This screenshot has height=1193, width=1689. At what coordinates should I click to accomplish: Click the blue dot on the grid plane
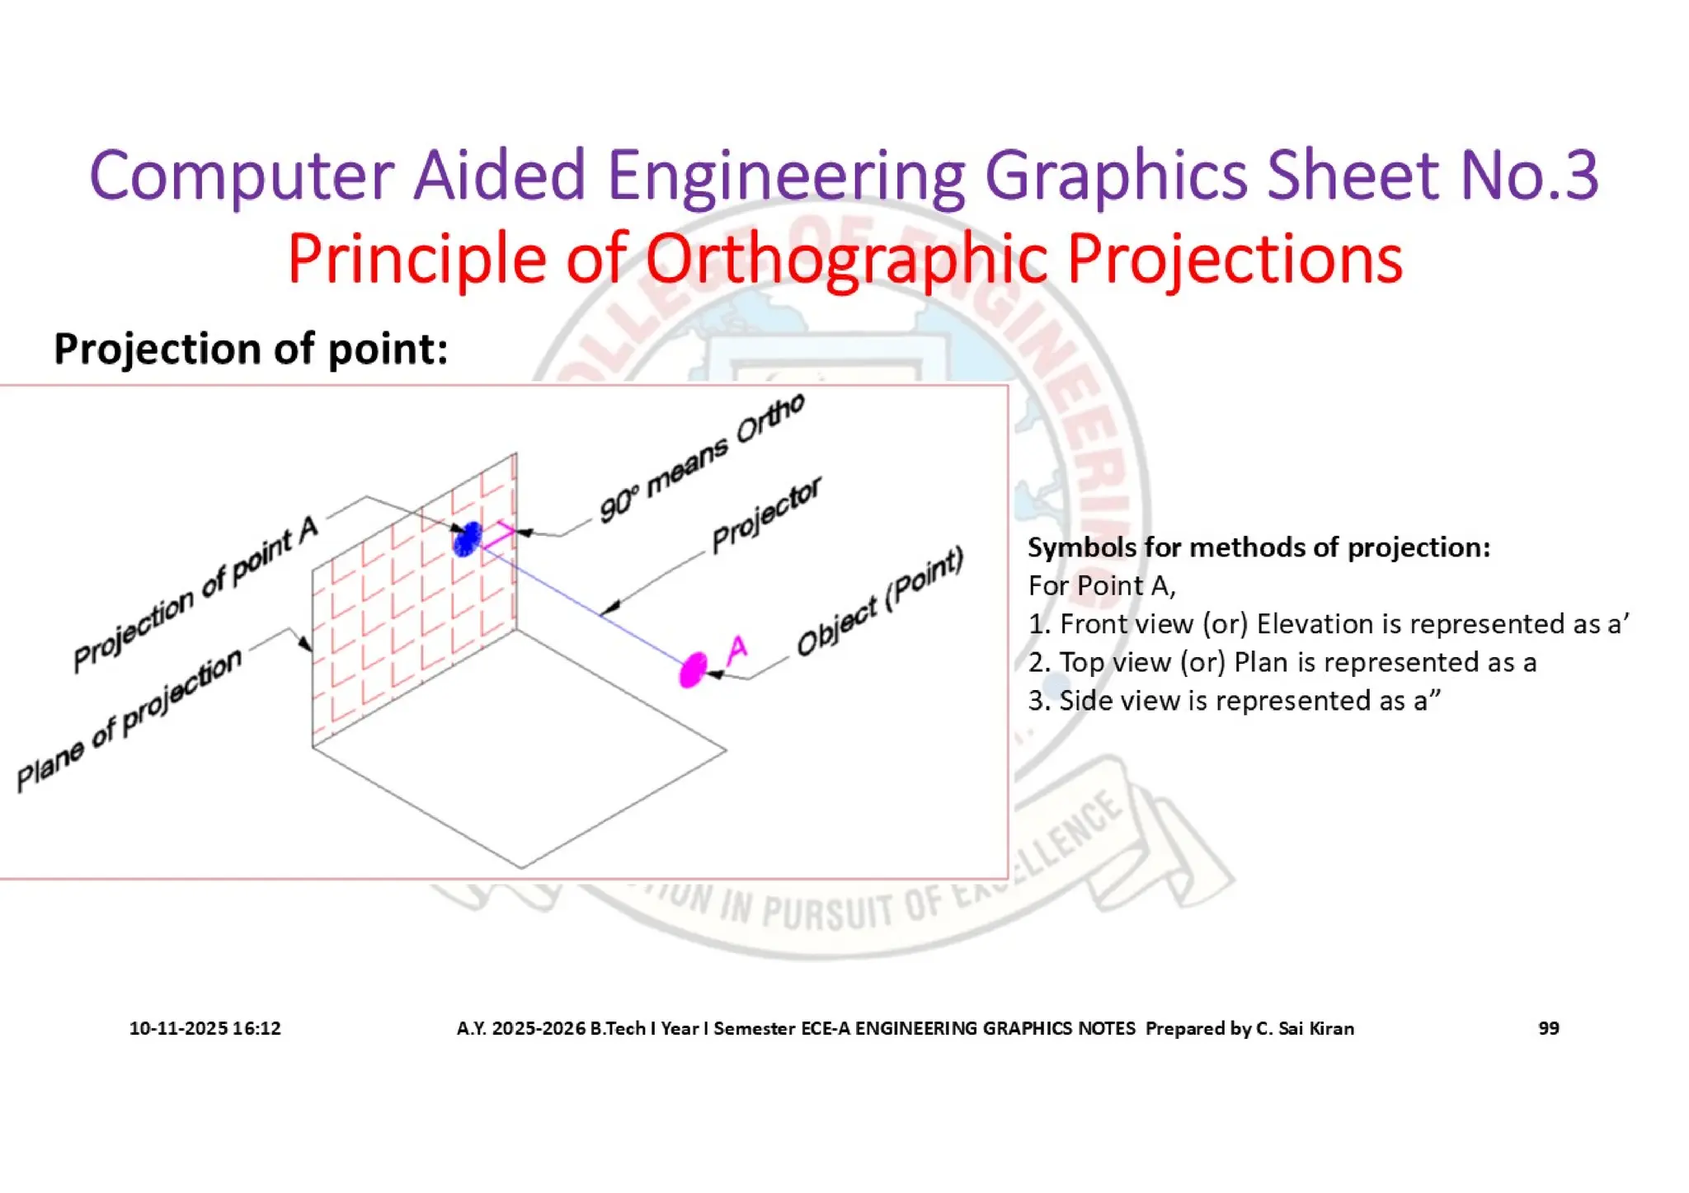tap(467, 538)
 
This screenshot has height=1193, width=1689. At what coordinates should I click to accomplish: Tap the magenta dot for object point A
tap(693, 669)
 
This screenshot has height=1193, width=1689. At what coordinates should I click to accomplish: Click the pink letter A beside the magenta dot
tap(737, 650)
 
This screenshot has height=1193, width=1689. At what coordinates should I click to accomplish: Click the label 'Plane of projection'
tap(129, 720)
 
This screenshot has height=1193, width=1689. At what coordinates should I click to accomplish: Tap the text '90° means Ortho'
tap(702, 458)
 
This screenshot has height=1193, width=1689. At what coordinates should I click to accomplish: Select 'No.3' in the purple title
tap(1529, 175)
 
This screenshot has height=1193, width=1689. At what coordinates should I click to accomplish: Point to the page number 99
tap(1548, 1028)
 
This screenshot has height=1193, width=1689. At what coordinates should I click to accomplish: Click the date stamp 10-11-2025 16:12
tap(205, 1028)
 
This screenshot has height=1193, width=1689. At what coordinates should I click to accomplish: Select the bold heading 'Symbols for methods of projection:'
tap(1259, 547)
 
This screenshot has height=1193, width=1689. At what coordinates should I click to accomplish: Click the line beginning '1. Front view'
tap(1328, 624)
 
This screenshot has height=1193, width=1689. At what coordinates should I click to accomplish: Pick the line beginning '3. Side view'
tap(1234, 701)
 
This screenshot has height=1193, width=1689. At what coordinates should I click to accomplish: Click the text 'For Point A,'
tap(1102, 586)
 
